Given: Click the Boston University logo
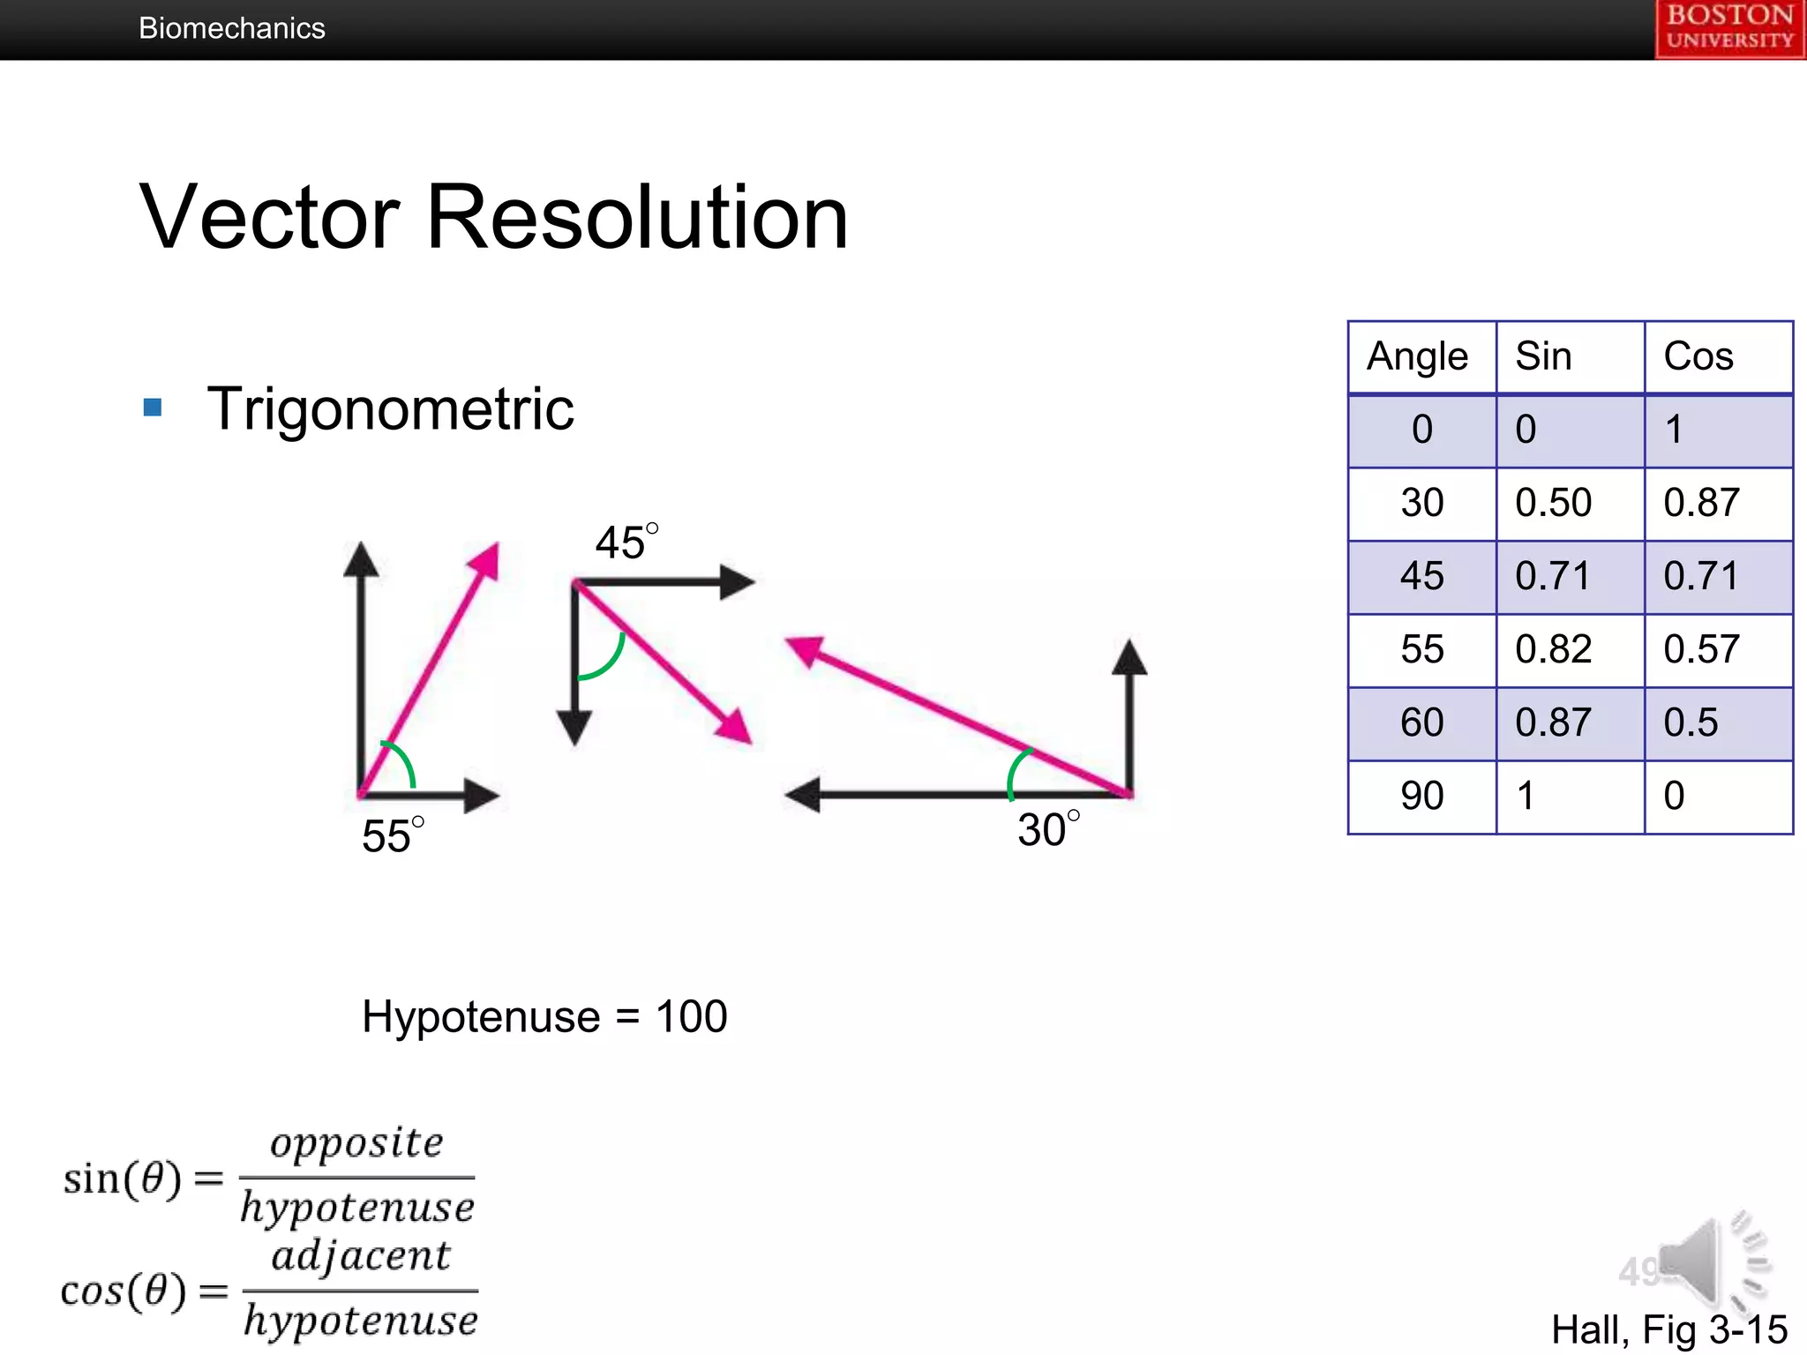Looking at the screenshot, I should point(1729,28).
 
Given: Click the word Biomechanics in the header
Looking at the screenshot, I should point(232,28).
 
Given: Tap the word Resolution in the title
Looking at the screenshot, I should point(637,217).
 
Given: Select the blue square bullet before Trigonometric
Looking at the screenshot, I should point(153,407).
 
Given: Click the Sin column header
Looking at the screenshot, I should point(1543,356).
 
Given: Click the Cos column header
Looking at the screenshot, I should point(1698,356).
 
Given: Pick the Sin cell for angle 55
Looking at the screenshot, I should point(1553,649).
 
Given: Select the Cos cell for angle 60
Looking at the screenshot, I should point(1691,722).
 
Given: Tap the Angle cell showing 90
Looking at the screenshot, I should point(1421,796).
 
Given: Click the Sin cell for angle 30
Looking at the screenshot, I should point(1553,503).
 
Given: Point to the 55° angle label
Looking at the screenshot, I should point(392,835).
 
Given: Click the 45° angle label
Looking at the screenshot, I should point(626,541).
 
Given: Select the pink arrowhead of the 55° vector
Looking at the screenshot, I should point(485,562).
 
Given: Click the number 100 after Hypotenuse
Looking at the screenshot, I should point(691,1016).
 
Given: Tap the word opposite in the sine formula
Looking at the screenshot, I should point(356,1142).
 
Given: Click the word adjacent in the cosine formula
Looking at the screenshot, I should point(361,1255).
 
